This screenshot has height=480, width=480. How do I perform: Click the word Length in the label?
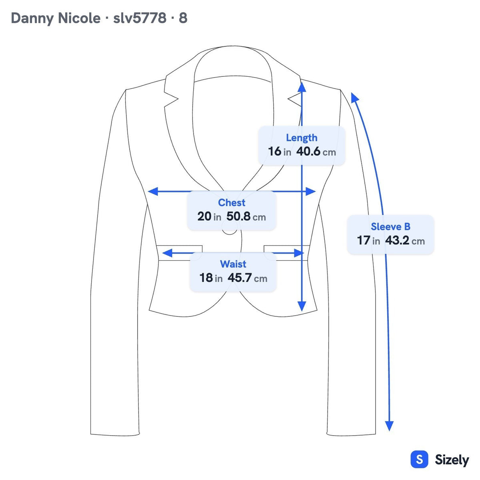pos(302,138)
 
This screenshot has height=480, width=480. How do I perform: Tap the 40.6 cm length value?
pos(316,152)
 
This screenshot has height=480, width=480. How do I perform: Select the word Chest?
pos(232,202)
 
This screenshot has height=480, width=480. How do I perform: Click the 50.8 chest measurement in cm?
pos(246,216)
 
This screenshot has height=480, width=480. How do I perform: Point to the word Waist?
pos(233,264)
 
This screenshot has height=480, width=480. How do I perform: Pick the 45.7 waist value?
pos(247,278)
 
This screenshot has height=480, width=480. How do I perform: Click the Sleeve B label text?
pos(390,227)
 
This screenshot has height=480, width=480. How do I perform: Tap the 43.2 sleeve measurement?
pos(405,241)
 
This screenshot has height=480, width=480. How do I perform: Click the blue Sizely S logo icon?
pos(420,459)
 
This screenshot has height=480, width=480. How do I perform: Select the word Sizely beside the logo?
pos(452,460)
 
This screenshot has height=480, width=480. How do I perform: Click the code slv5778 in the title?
pos(140,18)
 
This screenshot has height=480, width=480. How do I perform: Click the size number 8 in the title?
pos(183,18)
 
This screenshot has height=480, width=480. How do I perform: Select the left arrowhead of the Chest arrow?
pos(152,191)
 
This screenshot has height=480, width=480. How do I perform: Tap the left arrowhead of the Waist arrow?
pos(167,253)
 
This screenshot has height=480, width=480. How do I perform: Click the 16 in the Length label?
pos(274,152)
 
